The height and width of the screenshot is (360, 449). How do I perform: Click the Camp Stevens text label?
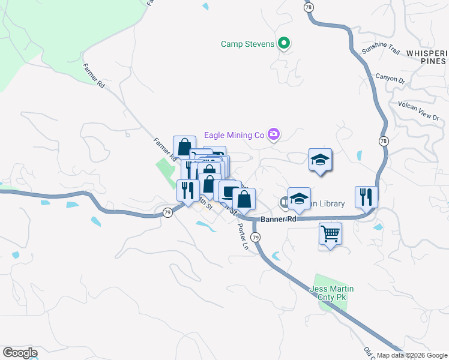coord(247,44)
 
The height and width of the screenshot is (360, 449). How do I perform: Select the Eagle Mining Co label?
coord(234,135)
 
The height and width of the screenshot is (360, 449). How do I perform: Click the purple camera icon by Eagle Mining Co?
coord(274,134)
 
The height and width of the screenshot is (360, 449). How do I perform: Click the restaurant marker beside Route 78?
coord(366,196)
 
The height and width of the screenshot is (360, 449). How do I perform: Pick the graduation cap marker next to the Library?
coord(299,199)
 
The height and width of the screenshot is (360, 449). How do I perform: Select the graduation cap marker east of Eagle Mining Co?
coord(320,160)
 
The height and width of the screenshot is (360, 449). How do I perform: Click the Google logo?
coord(19,353)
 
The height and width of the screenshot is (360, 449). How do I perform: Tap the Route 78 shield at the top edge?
coord(309,7)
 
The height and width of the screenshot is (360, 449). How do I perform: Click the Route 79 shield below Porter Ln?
coord(256,238)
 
